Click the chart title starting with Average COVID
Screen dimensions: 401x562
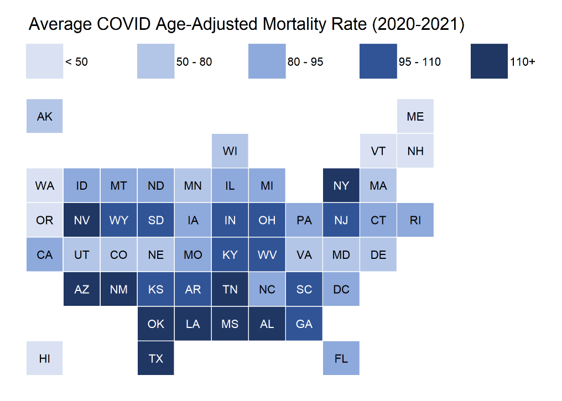pyautogui.click(x=246, y=25)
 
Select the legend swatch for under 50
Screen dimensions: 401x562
pyautogui.click(x=45, y=61)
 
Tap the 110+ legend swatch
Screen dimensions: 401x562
pyautogui.click(x=490, y=61)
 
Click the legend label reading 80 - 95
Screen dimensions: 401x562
pyautogui.click(x=305, y=62)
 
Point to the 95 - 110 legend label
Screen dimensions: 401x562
pyautogui.click(x=420, y=62)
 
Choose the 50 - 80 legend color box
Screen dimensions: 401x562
pyautogui.click(x=155, y=61)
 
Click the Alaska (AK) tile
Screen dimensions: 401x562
pyautogui.click(x=45, y=116)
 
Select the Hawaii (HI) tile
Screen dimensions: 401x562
pyautogui.click(x=45, y=358)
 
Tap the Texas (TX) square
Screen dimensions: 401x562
pyautogui.click(x=156, y=358)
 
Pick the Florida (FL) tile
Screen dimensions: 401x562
pyautogui.click(x=341, y=358)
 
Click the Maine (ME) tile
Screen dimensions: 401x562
pyautogui.click(x=415, y=116)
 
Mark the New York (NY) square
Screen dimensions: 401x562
pyautogui.click(x=341, y=185)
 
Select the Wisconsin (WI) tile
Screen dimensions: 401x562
pyautogui.click(x=230, y=151)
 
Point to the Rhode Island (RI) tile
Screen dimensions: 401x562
pyautogui.click(x=415, y=220)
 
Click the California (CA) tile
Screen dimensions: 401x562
pyautogui.click(x=45, y=254)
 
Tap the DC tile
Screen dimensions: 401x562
pyautogui.click(x=341, y=289)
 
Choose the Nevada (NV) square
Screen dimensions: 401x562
pyautogui.click(x=82, y=220)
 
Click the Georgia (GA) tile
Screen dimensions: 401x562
pyautogui.click(x=304, y=324)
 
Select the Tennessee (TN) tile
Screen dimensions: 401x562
pyautogui.click(x=230, y=289)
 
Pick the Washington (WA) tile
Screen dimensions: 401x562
pyautogui.click(x=45, y=185)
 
